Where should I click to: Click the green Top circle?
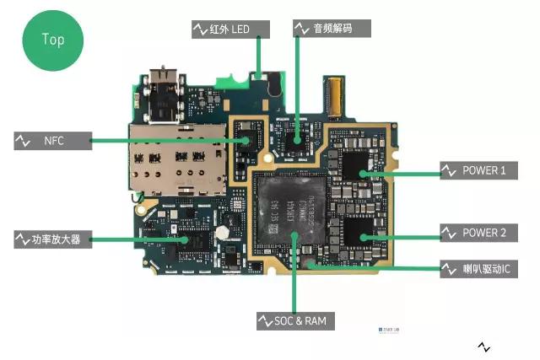tap(53, 39)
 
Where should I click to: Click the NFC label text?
tap(54, 140)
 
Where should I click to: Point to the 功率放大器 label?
tap(56, 240)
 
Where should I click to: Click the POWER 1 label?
tap(483, 170)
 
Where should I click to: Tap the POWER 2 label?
tap(483, 233)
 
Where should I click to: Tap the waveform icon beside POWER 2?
tap(449, 233)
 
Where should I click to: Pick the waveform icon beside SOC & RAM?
tap(265, 321)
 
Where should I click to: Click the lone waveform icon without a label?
tap(484, 347)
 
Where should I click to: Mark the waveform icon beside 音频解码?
tap(301, 29)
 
